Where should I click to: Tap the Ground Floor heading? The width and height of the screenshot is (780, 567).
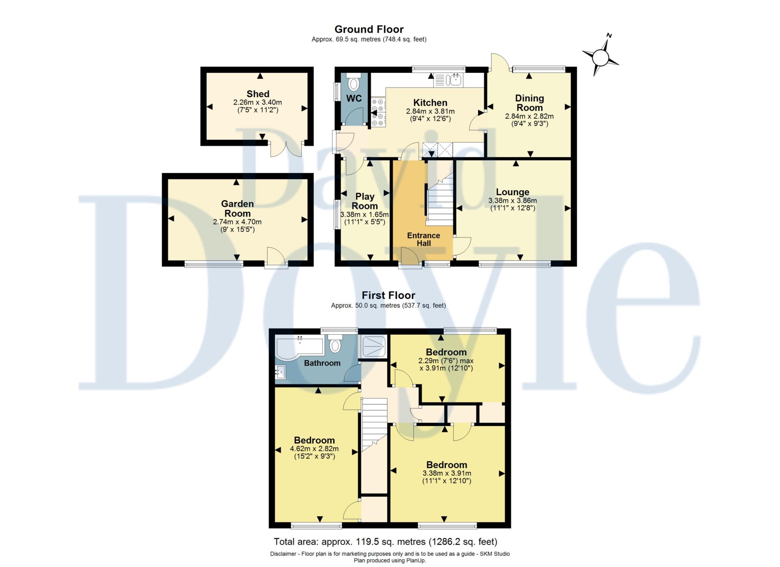(369, 29)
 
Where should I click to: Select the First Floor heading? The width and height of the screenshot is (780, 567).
(388, 295)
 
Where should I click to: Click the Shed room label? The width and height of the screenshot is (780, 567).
(258, 94)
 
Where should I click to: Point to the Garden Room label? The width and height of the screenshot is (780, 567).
(237, 208)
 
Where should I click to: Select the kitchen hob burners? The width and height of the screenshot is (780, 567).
(378, 112)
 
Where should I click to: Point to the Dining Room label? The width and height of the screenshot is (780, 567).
(529, 103)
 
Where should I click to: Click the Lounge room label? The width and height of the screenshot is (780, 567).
(512, 192)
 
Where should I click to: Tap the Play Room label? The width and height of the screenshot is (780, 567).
(364, 201)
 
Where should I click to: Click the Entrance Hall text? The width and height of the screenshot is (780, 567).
(424, 240)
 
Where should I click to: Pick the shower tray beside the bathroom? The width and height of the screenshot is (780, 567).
(374, 347)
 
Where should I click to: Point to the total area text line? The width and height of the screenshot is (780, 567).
(385, 541)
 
